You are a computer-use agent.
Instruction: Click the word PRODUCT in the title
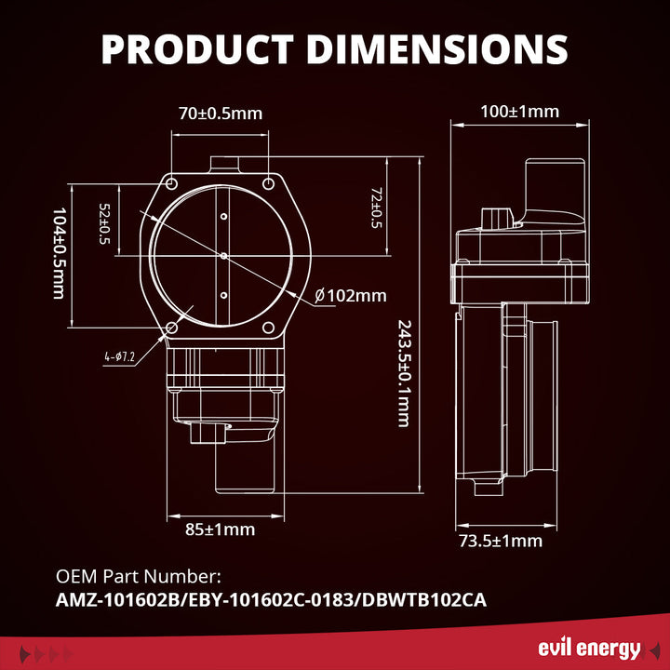(197, 48)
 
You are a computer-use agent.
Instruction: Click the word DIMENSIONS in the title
(436, 48)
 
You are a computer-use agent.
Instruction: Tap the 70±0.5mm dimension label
(221, 114)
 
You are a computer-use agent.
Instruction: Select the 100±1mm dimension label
(519, 112)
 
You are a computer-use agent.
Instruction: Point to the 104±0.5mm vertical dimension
(60, 253)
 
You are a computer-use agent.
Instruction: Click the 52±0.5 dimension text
(104, 224)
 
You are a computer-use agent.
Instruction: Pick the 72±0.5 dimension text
(376, 208)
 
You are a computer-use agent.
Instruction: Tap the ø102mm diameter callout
(351, 296)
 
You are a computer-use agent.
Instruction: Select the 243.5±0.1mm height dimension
(405, 373)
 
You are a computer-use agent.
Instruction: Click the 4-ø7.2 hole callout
(119, 356)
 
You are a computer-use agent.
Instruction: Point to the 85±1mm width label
(220, 529)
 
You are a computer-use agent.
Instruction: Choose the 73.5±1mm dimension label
(501, 541)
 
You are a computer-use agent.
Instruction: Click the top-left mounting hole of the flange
(172, 184)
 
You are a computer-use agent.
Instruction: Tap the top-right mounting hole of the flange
(268, 184)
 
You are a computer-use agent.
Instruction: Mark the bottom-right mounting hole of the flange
(268, 328)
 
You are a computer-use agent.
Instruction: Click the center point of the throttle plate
(223, 256)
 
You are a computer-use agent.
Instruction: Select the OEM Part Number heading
(139, 577)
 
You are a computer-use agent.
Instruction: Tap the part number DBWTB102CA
(424, 600)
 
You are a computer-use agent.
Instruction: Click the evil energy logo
(590, 650)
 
